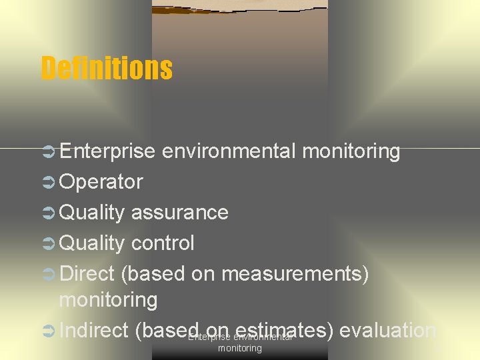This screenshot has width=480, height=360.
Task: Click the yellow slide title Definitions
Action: pos(107,67)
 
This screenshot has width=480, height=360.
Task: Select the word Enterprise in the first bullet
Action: pos(107,151)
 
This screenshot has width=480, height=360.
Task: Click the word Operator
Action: pos(101,182)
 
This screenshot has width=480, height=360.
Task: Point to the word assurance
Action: pos(180,213)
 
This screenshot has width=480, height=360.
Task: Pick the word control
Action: pos(163,243)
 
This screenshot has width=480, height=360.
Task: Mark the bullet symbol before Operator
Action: pos(49,183)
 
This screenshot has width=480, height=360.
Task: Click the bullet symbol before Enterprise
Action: pos(49,152)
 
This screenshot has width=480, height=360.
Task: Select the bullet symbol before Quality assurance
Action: pos(49,213)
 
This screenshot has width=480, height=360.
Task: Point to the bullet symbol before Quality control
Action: pos(49,244)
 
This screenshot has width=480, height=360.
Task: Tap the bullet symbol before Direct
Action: pos(49,275)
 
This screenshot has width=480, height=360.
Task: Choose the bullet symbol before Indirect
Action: pos(49,331)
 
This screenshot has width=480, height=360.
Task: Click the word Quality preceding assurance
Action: pos(92,213)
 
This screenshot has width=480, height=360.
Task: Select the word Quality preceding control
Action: pos(92,243)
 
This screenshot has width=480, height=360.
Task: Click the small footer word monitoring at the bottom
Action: pos(240,349)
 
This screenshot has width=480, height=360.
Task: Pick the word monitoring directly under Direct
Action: pos(109,301)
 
